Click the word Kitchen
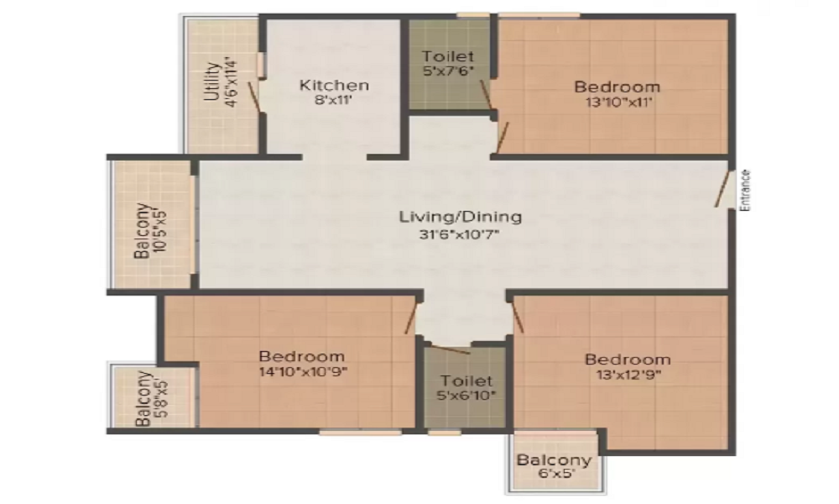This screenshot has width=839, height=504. pyautogui.click(x=334, y=85)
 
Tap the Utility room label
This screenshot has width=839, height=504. pyautogui.click(x=212, y=82)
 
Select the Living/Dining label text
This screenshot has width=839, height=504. pyautogui.click(x=460, y=217)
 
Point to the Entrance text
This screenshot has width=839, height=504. pyautogui.click(x=745, y=190)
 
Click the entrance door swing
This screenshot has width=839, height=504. pyautogui.click(x=722, y=189)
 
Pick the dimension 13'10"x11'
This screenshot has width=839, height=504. pyautogui.click(x=618, y=102)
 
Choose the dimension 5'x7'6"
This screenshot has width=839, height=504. pyautogui.click(x=448, y=71)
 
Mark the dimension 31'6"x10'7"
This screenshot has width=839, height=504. pyautogui.click(x=459, y=234)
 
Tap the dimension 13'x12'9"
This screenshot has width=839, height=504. pyautogui.click(x=628, y=374)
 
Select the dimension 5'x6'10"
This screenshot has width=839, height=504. pyautogui.click(x=466, y=396)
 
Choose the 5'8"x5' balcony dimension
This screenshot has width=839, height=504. pyautogui.click(x=160, y=399)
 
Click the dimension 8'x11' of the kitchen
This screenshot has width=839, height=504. pyautogui.click(x=333, y=100)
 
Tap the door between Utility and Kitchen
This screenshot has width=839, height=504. pyautogui.click(x=254, y=97)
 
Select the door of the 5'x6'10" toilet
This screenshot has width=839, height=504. pyautogui.click(x=451, y=349)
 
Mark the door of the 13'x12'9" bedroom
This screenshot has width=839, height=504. pyautogui.click(x=518, y=318)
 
